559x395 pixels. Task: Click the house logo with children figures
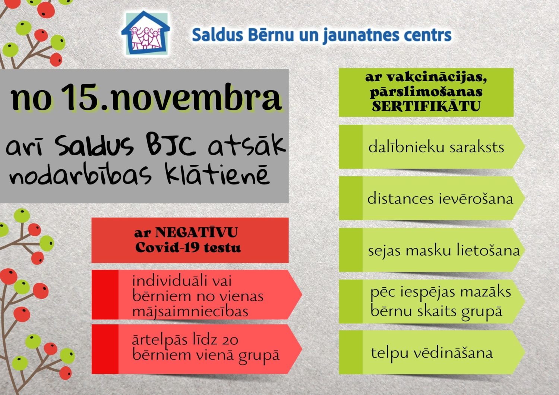click(x=146, y=33)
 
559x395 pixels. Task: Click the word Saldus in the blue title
click(x=217, y=35)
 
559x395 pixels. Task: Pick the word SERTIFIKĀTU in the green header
click(x=426, y=106)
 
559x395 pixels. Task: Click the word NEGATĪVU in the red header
click(x=196, y=233)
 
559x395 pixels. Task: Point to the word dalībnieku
click(x=406, y=147)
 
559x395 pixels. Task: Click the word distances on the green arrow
click(x=400, y=199)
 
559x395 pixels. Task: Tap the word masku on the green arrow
click(x=429, y=250)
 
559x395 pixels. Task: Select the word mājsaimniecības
click(x=190, y=312)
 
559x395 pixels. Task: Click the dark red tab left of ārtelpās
click(x=105, y=349)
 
